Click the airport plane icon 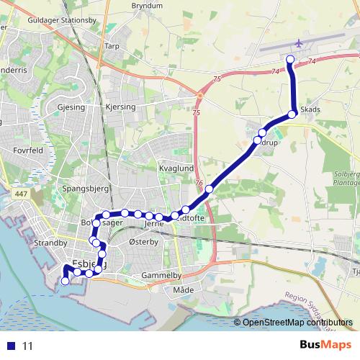tap(300, 43)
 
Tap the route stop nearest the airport tap(291, 59)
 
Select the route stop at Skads tap(292, 114)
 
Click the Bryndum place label tap(147, 6)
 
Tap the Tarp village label tap(112, 46)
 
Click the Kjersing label tap(120, 107)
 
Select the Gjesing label tap(70, 107)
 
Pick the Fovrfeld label tap(28, 150)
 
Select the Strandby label tap(50, 243)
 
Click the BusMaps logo tap(325, 345)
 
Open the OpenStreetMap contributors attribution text tap(297, 323)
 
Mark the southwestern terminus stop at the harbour tap(66, 282)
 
